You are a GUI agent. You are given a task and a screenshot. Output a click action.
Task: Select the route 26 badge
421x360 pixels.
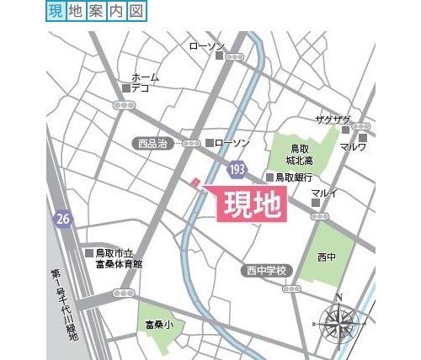[x=61, y=219]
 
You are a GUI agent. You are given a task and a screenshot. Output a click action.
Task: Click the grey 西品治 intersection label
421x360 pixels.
[x=152, y=144]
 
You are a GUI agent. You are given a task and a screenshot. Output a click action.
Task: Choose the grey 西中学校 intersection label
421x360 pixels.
[x=267, y=271]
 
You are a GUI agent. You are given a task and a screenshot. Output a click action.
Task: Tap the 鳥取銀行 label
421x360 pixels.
[x=295, y=177]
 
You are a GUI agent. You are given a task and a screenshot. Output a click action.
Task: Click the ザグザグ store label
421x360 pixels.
[x=332, y=119]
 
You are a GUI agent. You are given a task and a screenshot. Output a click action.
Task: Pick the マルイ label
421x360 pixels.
[x=324, y=194]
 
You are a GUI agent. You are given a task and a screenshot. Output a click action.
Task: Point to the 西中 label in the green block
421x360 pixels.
[x=327, y=255]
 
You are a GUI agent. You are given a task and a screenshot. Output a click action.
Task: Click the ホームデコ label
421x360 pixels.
[x=144, y=82]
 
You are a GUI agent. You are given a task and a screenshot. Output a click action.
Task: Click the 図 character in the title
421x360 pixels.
[x=137, y=11]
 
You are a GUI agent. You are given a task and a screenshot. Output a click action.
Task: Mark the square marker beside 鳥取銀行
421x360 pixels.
[x=269, y=177]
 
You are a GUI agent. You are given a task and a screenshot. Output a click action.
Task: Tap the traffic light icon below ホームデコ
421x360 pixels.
[x=125, y=105]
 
